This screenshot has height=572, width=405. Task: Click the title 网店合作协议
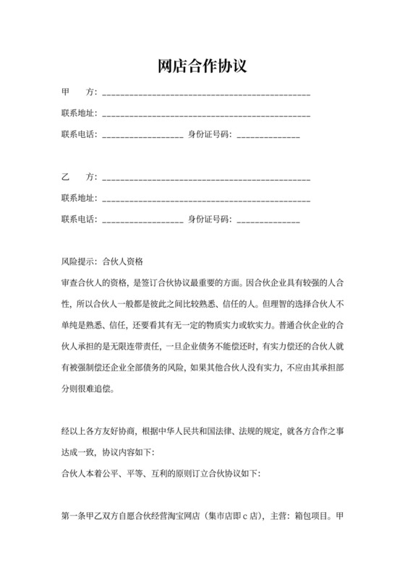pos(202,66)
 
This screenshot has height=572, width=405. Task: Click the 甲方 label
pos(79,92)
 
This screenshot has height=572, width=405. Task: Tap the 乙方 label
pos(79,177)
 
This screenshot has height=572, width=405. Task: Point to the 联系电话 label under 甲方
pos(79,134)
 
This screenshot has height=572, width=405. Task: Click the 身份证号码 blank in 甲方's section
pos(268,136)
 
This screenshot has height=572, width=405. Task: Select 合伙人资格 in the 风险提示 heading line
pos(124,261)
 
